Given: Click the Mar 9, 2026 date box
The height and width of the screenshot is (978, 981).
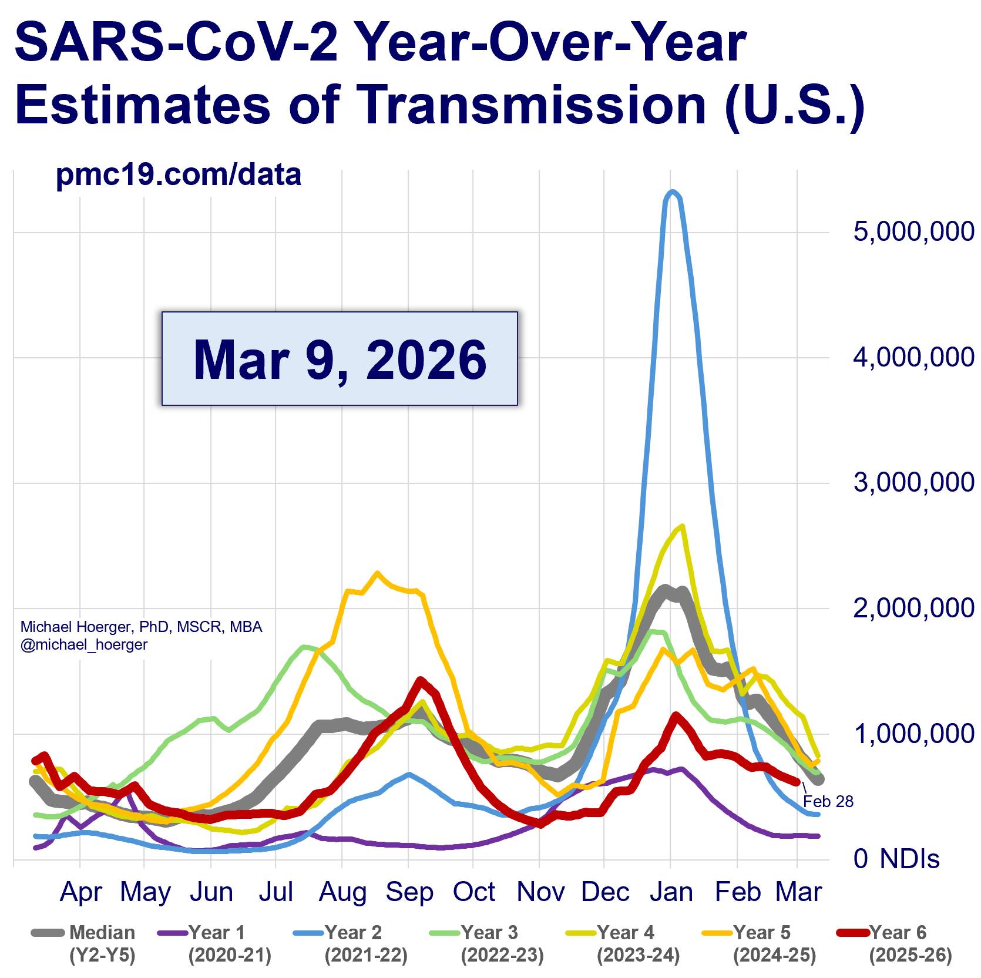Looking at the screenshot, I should (340, 358).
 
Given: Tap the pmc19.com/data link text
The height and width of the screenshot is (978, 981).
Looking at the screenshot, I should (178, 174).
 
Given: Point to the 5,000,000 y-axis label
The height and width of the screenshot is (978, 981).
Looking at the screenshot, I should (913, 231).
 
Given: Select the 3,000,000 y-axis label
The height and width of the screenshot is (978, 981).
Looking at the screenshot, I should (913, 482).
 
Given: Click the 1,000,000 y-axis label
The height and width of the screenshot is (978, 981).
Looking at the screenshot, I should (913, 733).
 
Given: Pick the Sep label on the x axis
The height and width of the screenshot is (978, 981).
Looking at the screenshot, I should (409, 892).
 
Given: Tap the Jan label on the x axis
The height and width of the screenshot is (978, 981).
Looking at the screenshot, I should (671, 892).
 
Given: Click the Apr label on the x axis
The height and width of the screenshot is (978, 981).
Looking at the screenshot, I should (81, 892).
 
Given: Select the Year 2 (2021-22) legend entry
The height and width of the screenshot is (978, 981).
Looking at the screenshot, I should (350, 943).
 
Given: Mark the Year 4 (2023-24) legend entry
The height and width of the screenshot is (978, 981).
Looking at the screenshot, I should (623, 943).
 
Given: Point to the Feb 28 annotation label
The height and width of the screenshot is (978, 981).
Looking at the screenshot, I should (828, 801).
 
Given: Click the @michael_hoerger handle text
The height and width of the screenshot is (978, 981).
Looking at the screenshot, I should (84, 644).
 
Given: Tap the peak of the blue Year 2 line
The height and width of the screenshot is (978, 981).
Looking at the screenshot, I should (673, 191).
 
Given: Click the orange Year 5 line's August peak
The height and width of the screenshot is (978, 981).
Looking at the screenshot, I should (377, 573).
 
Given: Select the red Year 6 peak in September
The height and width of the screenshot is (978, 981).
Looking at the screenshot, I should (420, 680).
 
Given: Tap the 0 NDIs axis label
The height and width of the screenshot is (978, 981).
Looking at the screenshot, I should (896, 859).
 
